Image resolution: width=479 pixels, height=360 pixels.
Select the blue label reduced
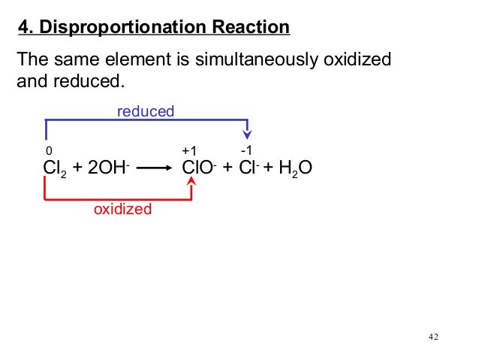(x=145, y=112)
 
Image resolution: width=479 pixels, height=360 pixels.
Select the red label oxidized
(x=122, y=209)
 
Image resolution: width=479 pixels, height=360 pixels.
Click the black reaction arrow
(x=157, y=170)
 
